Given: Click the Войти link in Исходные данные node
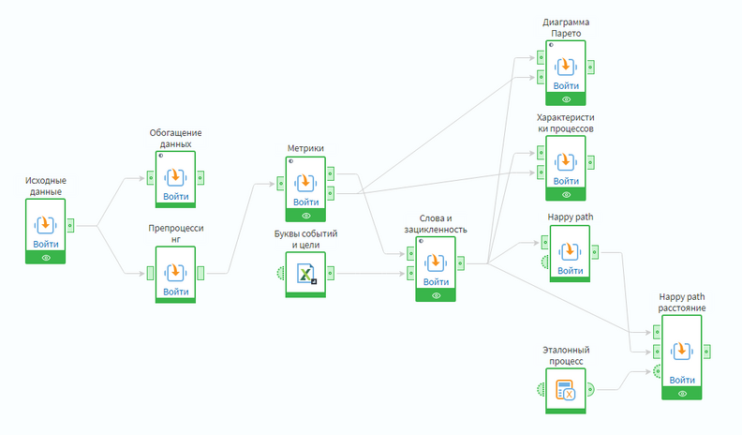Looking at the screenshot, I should click(x=45, y=244).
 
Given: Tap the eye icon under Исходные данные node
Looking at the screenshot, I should click(x=45, y=257).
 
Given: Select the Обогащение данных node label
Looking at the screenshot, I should click(x=176, y=139).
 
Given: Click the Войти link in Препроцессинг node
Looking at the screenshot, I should click(x=176, y=292).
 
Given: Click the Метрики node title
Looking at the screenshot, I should click(x=305, y=148).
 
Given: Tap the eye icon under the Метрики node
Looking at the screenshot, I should click(x=306, y=215).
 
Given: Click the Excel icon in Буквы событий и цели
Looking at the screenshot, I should click(x=306, y=274).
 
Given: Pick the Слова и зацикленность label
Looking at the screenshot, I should click(x=437, y=223).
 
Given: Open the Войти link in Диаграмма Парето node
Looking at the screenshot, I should click(x=566, y=85).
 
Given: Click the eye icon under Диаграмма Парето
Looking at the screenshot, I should click(x=566, y=98).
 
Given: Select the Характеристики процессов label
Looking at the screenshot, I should click(x=565, y=123).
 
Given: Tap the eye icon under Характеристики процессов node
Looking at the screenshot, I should click(x=566, y=194).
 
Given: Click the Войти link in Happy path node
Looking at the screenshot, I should click(x=566, y=270).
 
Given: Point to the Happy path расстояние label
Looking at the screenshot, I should click(x=682, y=302).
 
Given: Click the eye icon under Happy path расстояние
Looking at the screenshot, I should click(x=682, y=394).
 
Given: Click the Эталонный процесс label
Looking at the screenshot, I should click(x=565, y=355).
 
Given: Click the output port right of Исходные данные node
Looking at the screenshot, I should click(x=71, y=225).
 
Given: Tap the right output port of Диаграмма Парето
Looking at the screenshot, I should click(x=590, y=67).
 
